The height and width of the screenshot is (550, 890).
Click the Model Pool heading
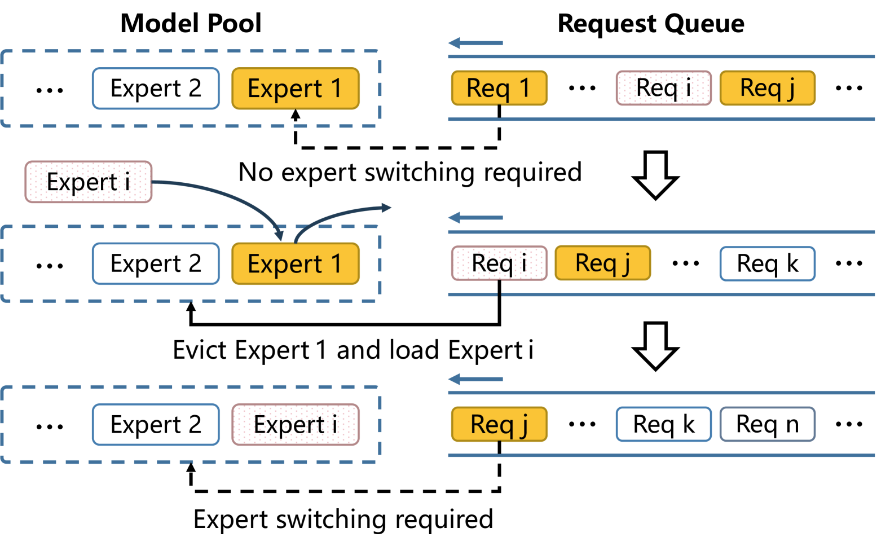(191, 24)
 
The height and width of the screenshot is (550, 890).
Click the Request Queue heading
(650, 24)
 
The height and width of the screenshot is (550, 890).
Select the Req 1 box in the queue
(499, 88)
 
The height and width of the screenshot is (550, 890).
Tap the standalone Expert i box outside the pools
(88, 182)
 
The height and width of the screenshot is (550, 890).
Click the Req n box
(767, 424)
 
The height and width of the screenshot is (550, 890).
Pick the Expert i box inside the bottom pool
(295, 425)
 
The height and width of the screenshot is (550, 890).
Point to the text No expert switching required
(410, 172)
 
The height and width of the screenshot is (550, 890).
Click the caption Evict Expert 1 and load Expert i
(353, 350)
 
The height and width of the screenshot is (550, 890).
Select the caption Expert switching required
(343, 519)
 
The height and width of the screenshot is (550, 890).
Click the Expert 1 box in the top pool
(295, 89)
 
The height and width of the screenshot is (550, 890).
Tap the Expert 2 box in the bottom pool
(156, 425)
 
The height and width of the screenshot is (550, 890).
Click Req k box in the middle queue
(767, 263)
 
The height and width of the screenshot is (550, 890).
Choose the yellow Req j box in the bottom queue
(499, 424)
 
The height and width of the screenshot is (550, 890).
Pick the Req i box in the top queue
(663, 88)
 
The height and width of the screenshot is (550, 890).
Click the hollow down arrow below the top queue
(655, 175)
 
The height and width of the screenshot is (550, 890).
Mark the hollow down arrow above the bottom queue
(655, 346)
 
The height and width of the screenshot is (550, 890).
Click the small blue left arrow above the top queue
(475, 43)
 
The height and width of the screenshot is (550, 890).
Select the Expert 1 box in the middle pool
(295, 264)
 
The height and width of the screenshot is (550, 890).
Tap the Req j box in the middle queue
(602, 263)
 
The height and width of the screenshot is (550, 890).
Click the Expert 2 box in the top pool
(156, 89)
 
